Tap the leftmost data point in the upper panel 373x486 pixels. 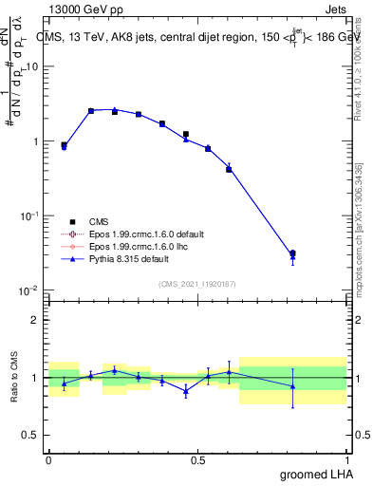pos(64,146)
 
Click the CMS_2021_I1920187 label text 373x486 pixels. pos(198,284)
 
